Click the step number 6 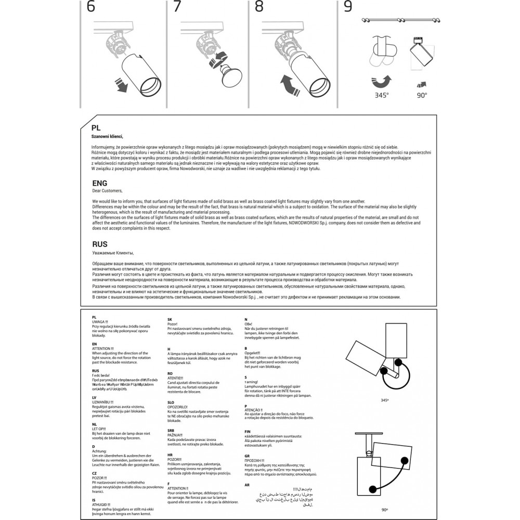(90, 7)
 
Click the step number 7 (177, 7)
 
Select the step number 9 (348, 7)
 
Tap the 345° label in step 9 (382, 95)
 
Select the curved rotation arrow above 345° (382, 81)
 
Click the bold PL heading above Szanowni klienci (96, 127)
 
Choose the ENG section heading (99, 183)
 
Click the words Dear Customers (107, 191)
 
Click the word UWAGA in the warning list (99, 322)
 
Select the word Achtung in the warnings (99, 451)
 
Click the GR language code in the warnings (246, 456)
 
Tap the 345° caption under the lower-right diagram (385, 401)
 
